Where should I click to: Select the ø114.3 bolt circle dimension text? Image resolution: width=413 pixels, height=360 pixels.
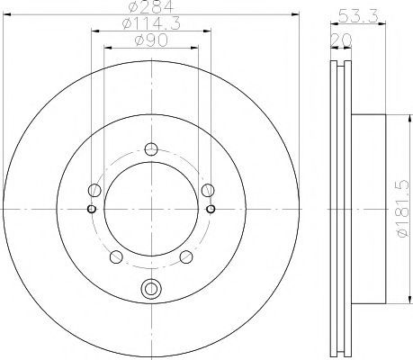(x=150, y=25)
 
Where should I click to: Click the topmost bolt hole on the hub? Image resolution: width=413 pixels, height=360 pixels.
(x=151, y=149)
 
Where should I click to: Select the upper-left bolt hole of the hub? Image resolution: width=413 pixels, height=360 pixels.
(x=94, y=190)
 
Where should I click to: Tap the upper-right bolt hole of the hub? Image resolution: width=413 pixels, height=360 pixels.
(x=208, y=190)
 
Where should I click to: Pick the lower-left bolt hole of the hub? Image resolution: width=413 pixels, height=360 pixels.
(x=116, y=257)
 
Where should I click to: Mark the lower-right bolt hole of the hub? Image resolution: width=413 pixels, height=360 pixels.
(x=185, y=257)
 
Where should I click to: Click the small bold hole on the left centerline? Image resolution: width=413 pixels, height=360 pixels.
(x=91, y=209)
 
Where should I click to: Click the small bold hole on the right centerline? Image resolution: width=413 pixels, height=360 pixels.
(x=211, y=209)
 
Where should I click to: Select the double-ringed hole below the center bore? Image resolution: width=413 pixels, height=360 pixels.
(x=151, y=289)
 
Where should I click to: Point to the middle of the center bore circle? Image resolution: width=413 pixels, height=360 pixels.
(x=151, y=209)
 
